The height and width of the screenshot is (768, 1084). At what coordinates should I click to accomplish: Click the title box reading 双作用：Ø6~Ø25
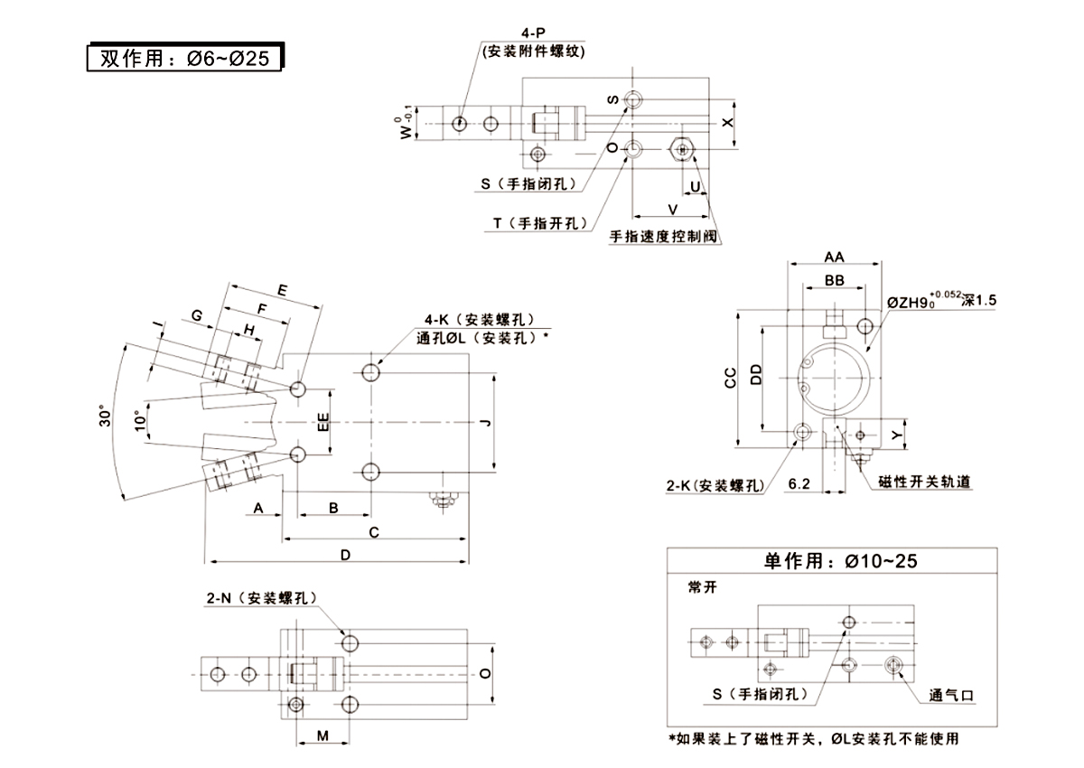pyautogui.click(x=184, y=58)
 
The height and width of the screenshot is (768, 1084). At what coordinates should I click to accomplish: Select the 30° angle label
pyautogui.click(x=106, y=417)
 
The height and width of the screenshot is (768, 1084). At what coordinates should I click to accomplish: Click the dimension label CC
pyautogui.click(x=731, y=377)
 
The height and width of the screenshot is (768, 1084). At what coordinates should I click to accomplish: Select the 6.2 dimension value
pyautogui.click(x=799, y=484)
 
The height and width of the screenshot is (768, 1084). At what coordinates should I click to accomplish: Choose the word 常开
pyautogui.click(x=702, y=585)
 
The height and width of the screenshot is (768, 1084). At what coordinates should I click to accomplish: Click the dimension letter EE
pyautogui.click(x=322, y=422)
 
